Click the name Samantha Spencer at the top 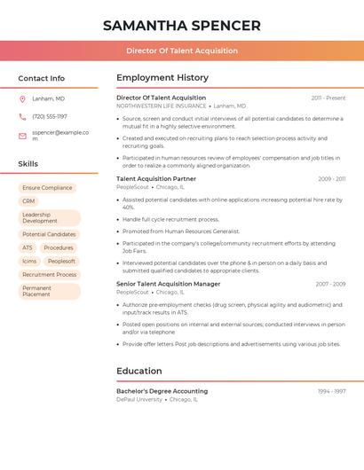pos(182,26)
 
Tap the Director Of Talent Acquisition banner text pos(182,51)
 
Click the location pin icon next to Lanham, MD pos(22,98)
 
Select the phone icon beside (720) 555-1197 pos(22,116)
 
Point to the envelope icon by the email pos(22,135)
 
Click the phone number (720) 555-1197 pos(50,116)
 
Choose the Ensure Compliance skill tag pos(47,188)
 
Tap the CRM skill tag pos(28,201)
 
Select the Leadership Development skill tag pos(49,217)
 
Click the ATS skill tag pos(28,247)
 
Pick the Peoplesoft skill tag pos(61,261)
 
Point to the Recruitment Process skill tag pos(49,275)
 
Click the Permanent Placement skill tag pos(49,291)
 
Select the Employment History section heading pos(162,78)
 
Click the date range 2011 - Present pos(328,98)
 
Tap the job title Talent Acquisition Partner pos(156,178)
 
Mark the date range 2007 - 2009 pos(330,284)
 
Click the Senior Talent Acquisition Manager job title pos(169,284)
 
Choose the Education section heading pos(139,371)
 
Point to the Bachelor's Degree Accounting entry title pos(162,390)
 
